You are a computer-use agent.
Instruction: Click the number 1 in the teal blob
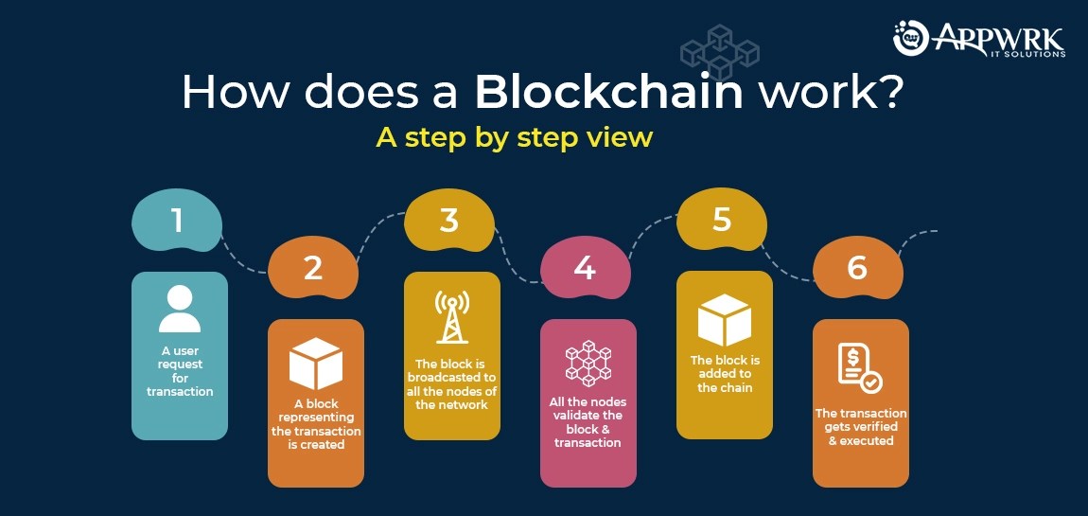[x=176, y=222]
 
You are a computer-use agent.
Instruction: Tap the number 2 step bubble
[x=313, y=269]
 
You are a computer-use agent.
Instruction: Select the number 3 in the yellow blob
[x=449, y=221]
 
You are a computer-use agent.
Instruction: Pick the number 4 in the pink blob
[x=585, y=268]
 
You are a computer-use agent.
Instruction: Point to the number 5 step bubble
[x=722, y=221]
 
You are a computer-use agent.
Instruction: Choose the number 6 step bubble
[x=857, y=268]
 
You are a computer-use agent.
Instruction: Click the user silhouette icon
[x=180, y=309]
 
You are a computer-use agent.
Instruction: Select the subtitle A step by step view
[x=514, y=137]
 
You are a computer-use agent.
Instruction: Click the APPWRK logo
[x=979, y=39]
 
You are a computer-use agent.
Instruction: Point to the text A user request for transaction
[x=180, y=371]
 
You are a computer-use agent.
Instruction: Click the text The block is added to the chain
[x=724, y=374]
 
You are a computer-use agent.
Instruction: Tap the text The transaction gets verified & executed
[x=861, y=427]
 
